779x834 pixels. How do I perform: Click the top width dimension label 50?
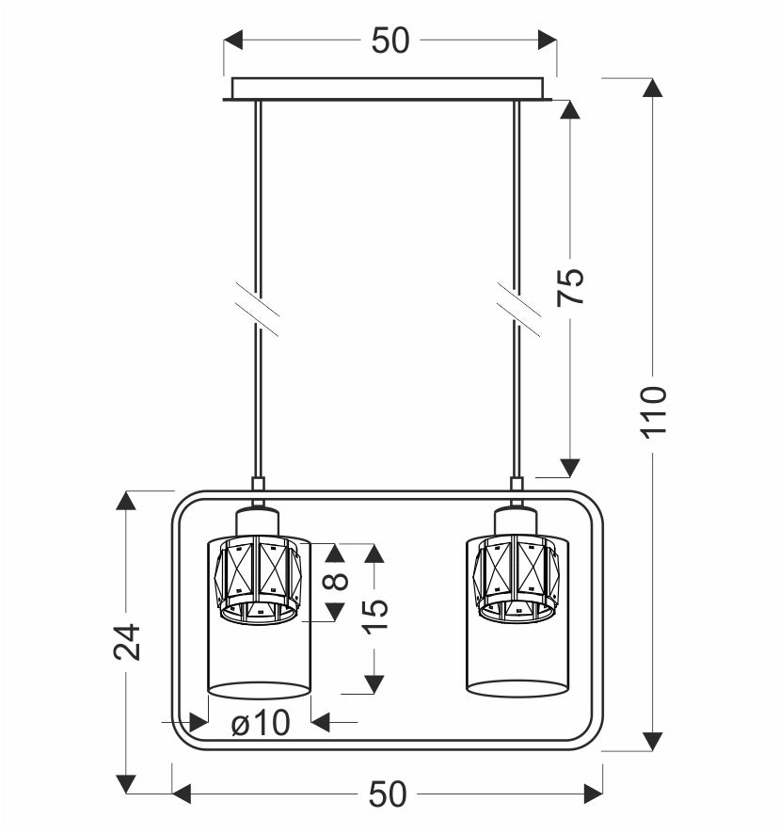(x=390, y=40)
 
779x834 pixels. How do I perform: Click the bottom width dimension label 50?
(x=388, y=794)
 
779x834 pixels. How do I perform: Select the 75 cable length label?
(x=570, y=286)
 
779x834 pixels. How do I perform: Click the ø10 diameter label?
(x=261, y=723)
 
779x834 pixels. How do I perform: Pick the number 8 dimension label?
(x=336, y=581)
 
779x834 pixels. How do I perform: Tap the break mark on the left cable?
(x=258, y=310)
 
